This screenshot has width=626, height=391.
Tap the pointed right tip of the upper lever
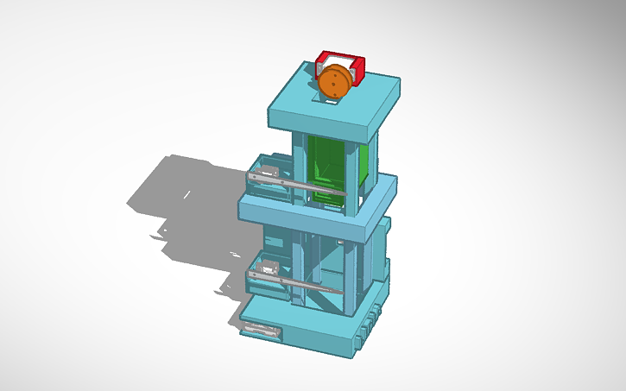346,194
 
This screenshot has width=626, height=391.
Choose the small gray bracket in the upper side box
270,170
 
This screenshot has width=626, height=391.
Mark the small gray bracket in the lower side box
270,267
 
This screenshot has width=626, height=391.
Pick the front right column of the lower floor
351,276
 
